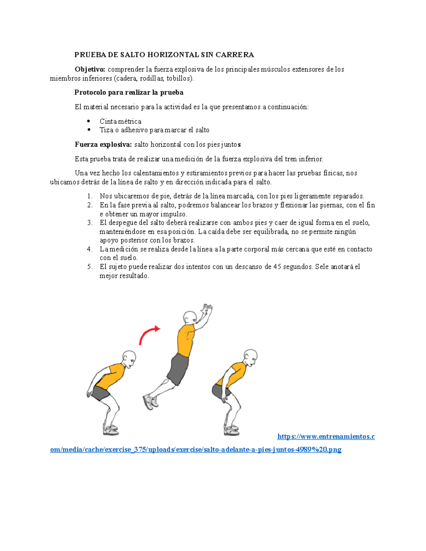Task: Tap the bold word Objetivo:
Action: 90,69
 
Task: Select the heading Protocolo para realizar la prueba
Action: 129,93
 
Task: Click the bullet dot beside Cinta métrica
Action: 89,121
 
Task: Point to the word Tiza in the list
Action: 106,130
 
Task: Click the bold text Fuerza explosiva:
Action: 103,144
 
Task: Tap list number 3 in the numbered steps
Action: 89,223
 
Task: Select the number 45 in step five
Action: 277,267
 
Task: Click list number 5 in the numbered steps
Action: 89,267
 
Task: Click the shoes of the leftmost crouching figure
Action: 111,430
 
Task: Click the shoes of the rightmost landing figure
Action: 231,430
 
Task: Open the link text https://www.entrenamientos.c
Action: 326,437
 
